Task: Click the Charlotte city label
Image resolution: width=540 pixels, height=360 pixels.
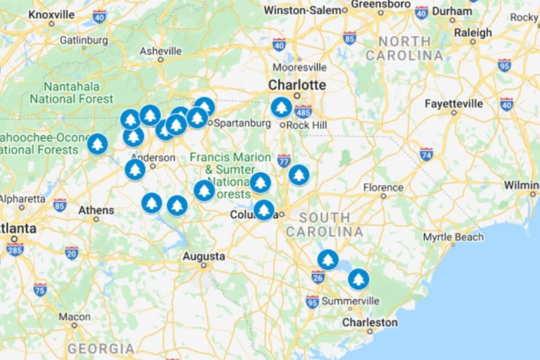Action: (297, 85)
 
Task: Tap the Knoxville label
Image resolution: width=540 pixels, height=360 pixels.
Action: (51, 15)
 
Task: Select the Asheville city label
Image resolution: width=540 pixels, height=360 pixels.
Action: (161, 51)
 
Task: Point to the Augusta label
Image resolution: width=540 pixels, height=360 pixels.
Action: (204, 256)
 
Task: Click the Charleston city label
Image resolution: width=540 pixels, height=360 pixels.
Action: (370, 322)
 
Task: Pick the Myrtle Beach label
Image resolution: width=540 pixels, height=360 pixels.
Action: (453, 237)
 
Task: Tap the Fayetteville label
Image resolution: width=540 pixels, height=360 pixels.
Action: (454, 104)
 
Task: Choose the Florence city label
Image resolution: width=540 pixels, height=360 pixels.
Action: (383, 188)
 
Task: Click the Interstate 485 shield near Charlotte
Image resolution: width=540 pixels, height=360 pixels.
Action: (303, 112)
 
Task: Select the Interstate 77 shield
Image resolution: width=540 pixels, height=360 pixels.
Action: (283, 161)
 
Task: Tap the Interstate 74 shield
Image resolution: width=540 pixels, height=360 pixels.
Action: (426, 154)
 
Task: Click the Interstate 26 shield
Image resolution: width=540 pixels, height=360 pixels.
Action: (317, 277)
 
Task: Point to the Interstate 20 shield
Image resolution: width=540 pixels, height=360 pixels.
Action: (71, 253)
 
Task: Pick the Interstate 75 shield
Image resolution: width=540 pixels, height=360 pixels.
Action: (40, 290)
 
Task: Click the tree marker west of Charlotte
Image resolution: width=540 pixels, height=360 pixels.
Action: (281, 107)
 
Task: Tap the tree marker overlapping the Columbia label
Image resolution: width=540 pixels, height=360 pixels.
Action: (264, 210)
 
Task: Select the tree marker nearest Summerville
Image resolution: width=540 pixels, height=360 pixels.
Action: (358, 279)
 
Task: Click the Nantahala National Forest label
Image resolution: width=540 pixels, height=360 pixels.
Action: (72, 93)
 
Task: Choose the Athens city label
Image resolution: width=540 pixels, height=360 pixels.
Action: (96, 211)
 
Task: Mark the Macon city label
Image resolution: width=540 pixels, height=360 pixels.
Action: (75, 317)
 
